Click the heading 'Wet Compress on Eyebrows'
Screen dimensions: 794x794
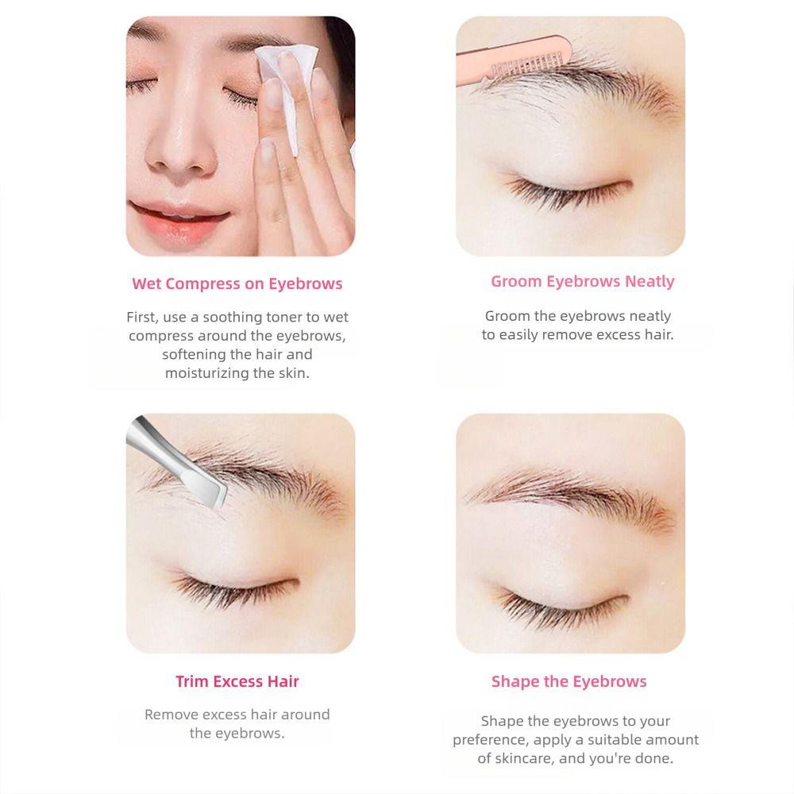point(237,283)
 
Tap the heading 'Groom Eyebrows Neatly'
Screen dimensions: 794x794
point(582,281)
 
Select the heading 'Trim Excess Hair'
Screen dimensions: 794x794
point(237,681)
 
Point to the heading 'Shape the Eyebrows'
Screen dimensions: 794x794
point(569,681)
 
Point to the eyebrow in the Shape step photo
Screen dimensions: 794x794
point(572,496)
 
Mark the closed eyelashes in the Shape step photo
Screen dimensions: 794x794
point(569,600)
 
